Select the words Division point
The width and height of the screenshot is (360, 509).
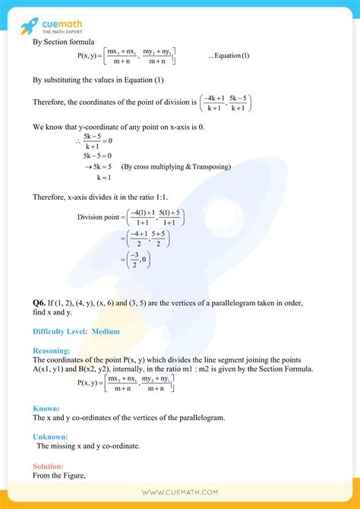100,217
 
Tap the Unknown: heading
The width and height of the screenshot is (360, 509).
50,437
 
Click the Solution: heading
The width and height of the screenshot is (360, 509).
48,466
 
